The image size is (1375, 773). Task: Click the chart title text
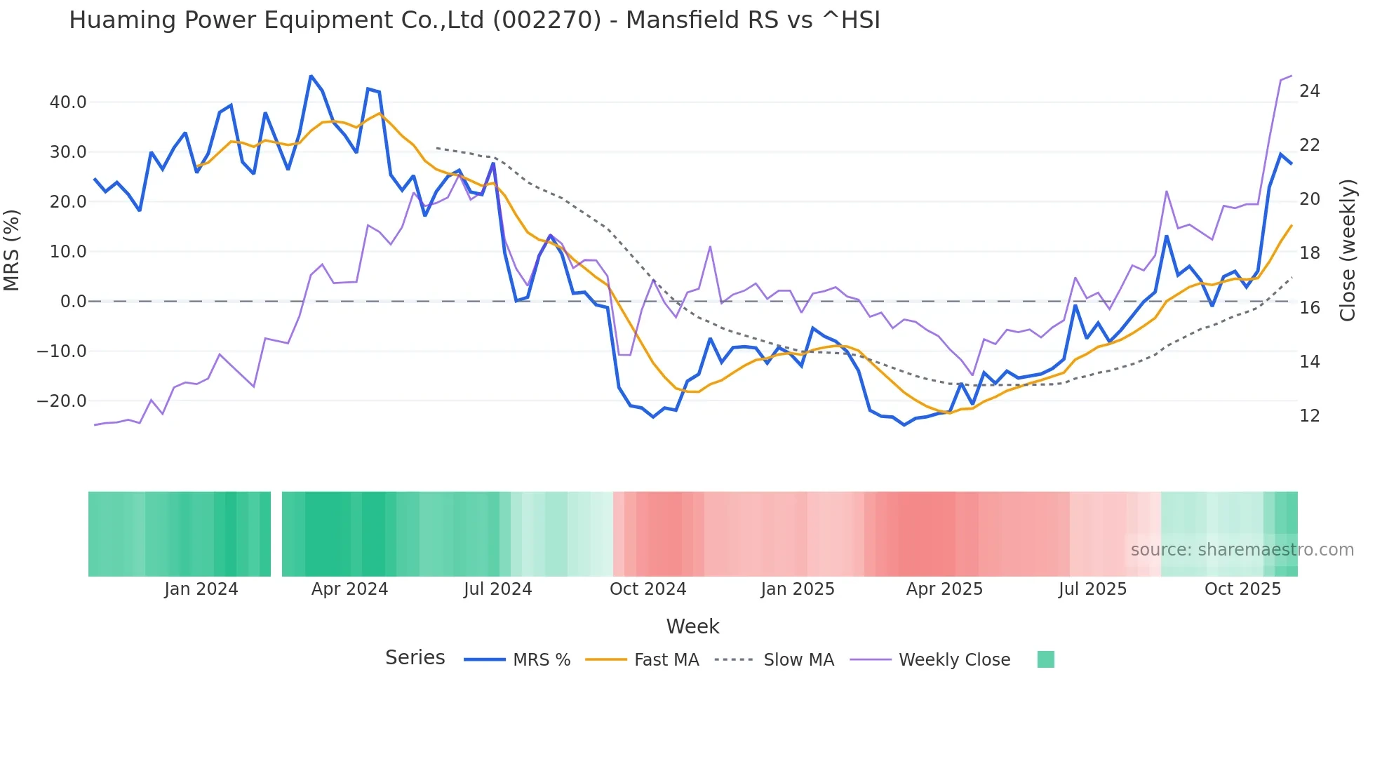pyautogui.click(x=474, y=20)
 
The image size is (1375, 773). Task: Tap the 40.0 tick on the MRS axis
pyautogui.click(x=67, y=102)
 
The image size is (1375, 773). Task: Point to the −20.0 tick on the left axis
pyautogui.click(x=62, y=401)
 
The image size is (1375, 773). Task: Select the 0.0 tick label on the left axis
pyautogui.click(x=73, y=302)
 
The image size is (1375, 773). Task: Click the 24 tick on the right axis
pyautogui.click(x=1309, y=91)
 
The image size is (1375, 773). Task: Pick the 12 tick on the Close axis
pyautogui.click(x=1309, y=416)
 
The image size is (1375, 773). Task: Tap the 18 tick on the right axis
pyautogui.click(x=1309, y=253)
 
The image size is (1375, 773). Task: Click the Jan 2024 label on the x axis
pyautogui.click(x=201, y=589)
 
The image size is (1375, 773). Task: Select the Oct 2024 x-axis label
pyautogui.click(x=648, y=589)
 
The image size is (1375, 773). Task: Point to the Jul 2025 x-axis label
pyautogui.click(x=1092, y=589)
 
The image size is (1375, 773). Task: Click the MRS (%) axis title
pyautogui.click(x=12, y=250)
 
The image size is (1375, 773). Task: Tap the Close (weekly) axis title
pyautogui.click(x=1348, y=250)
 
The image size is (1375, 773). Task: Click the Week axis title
pyautogui.click(x=692, y=626)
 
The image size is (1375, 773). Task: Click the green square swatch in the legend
pyautogui.click(x=1045, y=659)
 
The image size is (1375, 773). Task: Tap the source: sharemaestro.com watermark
pyautogui.click(x=1242, y=550)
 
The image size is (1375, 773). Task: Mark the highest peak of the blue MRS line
pyautogui.click(x=311, y=76)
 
